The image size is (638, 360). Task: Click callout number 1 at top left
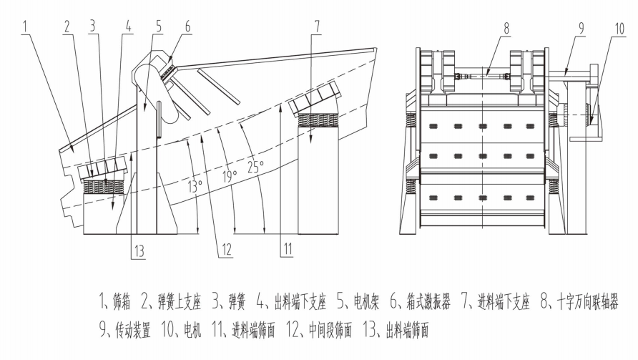pos(25,26)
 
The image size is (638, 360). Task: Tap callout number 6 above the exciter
pos(188,26)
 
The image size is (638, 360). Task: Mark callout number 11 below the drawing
pos(286,249)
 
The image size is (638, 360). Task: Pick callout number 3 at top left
pos(92,26)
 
